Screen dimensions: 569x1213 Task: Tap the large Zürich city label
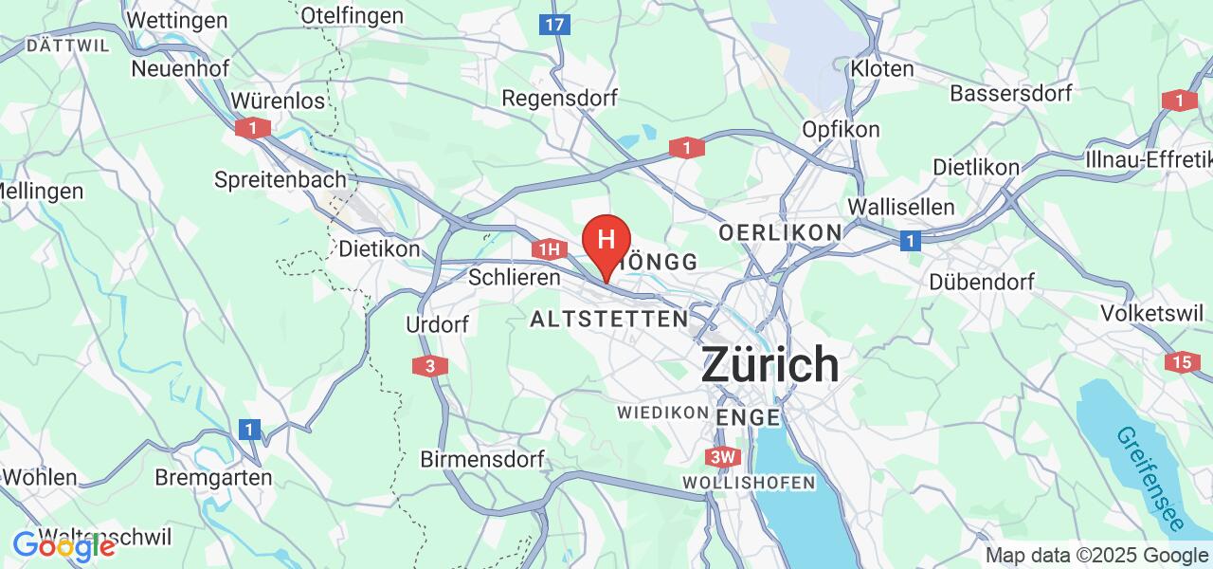(769, 365)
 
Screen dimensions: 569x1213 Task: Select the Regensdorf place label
(559, 98)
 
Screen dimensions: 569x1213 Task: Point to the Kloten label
(881, 68)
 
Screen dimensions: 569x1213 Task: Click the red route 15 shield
(1181, 361)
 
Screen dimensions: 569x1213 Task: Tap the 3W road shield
(722, 457)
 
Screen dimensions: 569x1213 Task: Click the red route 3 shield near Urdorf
(430, 365)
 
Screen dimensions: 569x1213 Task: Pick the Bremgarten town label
(213, 478)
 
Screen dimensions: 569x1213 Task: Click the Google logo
(64, 545)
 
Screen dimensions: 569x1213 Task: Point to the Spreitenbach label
(280, 179)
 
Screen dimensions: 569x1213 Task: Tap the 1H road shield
(549, 249)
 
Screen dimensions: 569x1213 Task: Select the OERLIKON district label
(780, 232)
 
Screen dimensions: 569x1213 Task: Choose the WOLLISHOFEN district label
(749, 483)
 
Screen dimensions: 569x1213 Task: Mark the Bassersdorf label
(1010, 93)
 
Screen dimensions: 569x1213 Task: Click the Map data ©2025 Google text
(1096, 556)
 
